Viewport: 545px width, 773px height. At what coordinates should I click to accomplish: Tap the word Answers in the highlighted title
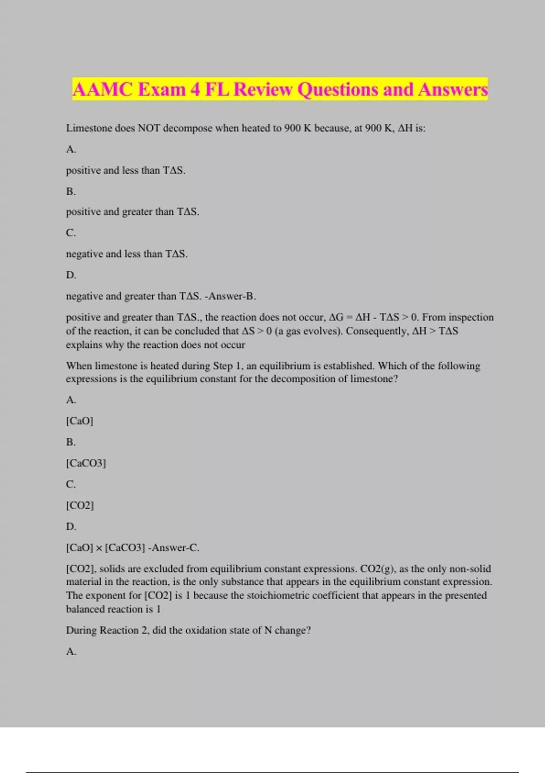[x=453, y=90]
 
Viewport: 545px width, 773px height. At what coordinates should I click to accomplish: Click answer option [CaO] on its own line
[x=79, y=421]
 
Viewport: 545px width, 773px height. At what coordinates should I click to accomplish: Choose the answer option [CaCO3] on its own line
[x=86, y=463]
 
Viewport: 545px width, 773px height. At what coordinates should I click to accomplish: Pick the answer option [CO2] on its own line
[x=80, y=505]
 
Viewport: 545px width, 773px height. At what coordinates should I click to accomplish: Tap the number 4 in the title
[x=195, y=90]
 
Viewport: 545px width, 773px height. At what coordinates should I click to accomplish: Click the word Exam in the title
[x=161, y=90]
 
